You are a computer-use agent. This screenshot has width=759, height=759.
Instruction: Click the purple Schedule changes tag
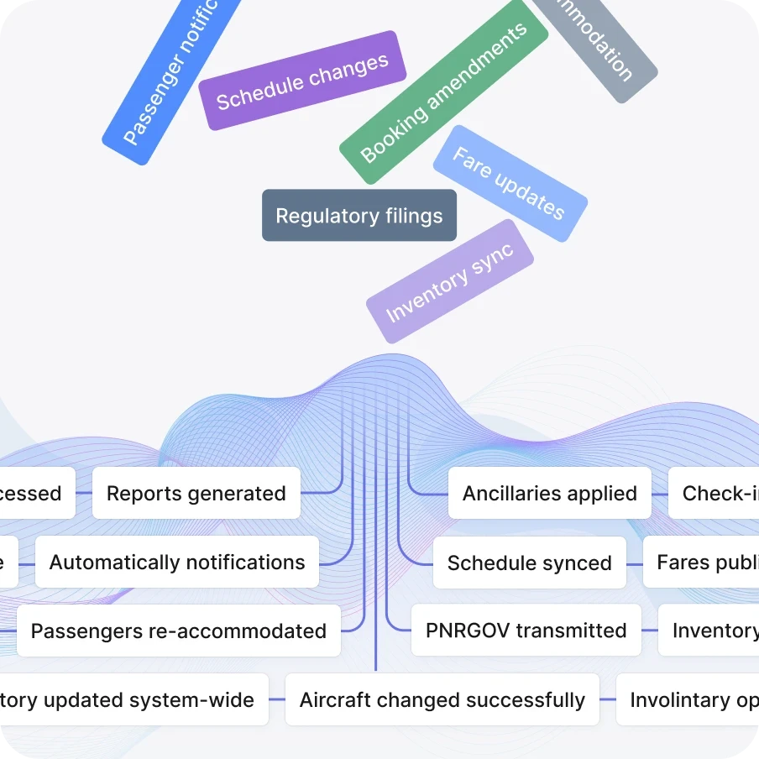pos(302,81)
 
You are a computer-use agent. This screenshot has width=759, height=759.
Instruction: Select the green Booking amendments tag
pos(443,92)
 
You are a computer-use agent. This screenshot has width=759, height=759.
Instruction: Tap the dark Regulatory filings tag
pos(359,216)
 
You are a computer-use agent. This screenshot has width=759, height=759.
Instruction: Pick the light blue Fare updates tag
pos(510,184)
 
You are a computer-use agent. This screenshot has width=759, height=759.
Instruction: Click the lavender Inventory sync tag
pos(450,281)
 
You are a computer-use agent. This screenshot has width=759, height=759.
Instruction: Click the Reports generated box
pos(196,494)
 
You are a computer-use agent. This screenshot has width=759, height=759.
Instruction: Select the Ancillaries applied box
pos(549,494)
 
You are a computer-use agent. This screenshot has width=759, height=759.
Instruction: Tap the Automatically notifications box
pos(177,563)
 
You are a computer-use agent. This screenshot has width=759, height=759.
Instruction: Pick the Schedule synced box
pos(529,563)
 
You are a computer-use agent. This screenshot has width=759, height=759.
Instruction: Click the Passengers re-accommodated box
pos(178,631)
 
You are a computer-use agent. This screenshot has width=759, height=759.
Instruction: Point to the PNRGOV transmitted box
pos(526,631)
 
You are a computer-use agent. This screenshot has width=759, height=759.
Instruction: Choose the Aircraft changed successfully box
pos(442,700)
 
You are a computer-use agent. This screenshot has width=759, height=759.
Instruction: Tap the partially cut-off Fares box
pos(705,563)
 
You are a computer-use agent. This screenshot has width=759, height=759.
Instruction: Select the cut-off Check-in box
pos(717,494)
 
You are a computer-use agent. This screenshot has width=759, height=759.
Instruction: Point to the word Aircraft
pos(333,700)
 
